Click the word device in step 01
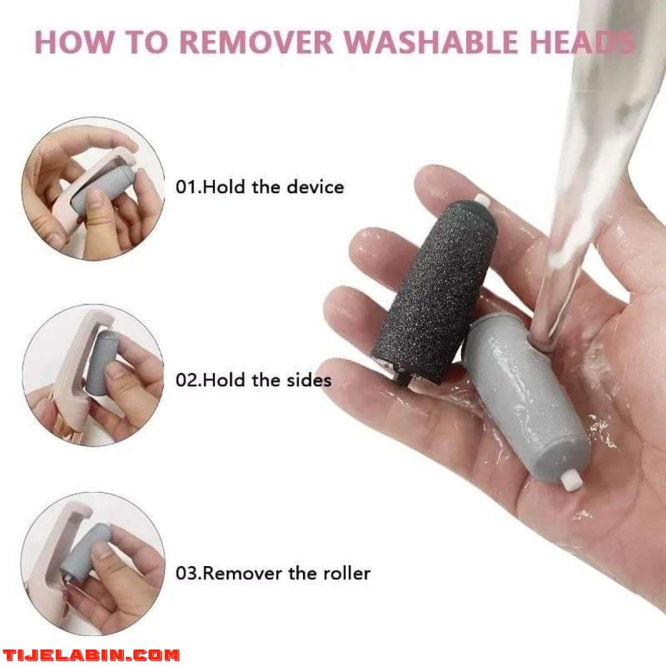(x=315, y=186)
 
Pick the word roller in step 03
(x=346, y=573)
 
